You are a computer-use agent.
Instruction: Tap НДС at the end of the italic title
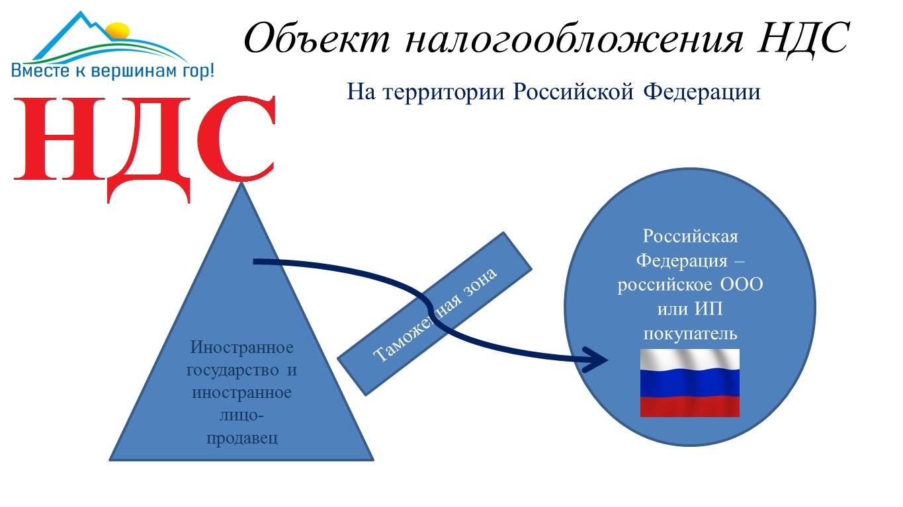[802, 38]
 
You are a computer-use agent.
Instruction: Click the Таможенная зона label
[435, 314]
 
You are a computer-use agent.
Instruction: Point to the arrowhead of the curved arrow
[599, 360]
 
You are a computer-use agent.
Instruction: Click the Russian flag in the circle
[689, 383]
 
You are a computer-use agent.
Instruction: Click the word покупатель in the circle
[690, 333]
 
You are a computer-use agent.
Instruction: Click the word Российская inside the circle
[690, 236]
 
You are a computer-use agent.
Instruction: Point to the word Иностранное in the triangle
[241, 347]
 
